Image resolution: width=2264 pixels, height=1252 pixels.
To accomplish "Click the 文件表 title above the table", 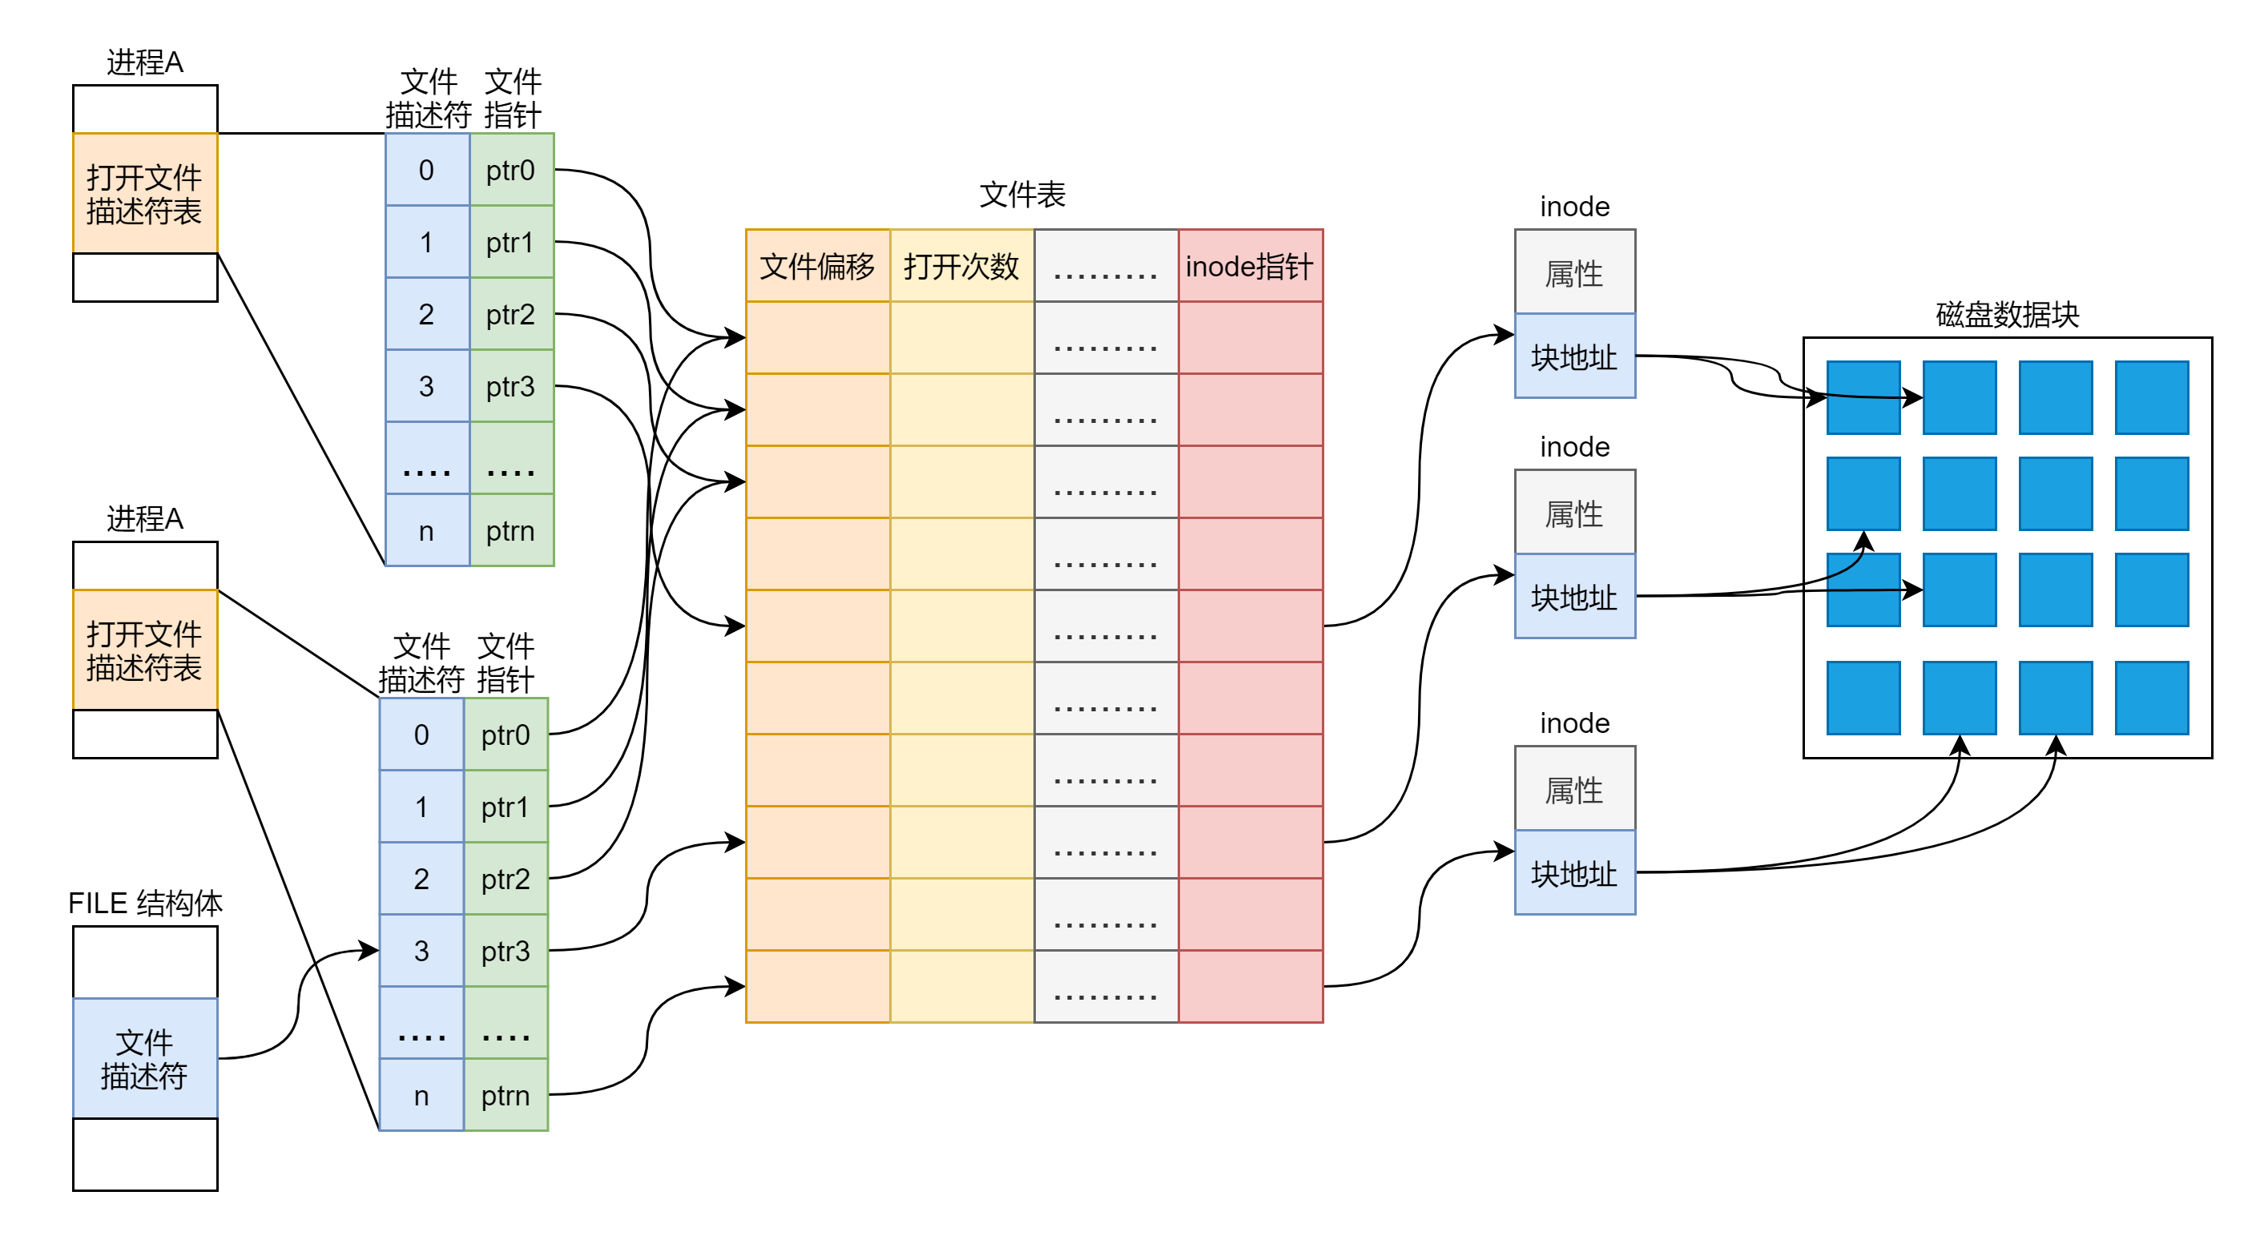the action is pyautogui.click(x=1022, y=194).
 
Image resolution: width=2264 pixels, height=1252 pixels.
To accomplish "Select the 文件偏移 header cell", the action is pyautogui.click(x=817, y=265).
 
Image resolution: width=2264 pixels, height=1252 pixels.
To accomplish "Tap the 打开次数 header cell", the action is pyautogui.click(x=962, y=265).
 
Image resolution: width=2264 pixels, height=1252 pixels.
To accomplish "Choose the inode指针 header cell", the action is pyautogui.click(x=1251, y=265).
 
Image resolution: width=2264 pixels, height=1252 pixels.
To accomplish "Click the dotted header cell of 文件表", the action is pyautogui.click(x=1106, y=265).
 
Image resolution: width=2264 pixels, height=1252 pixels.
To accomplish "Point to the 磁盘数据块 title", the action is pyautogui.click(x=2008, y=314).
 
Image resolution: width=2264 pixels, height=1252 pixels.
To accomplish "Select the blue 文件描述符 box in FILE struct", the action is pyautogui.click(x=145, y=1058).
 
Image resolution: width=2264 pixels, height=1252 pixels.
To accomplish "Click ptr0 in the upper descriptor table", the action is pyautogui.click(x=511, y=170).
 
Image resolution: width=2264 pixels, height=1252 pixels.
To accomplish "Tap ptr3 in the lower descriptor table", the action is pyautogui.click(x=506, y=951).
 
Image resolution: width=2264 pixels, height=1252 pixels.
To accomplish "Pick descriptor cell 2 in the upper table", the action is pyautogui.click(x=427, y=314).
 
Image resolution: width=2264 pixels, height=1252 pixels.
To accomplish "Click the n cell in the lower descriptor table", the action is pyautogui.click(x=422, y=1095).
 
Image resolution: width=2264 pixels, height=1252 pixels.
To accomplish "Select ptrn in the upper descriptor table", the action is pyautogui.click(x=511, y=529).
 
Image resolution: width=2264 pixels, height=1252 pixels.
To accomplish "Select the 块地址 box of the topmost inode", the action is pyautogui.click(x=1575, y=356).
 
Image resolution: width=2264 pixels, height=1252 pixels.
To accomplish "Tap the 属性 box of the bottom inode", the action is pyautogui.click(x=1575, y=788).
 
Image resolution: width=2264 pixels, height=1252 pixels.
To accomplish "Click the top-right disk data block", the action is pyautogui.click(x=2152, y=397).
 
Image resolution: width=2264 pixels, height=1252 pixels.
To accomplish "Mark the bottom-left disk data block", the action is pyautogui.click(x=1863, y=698).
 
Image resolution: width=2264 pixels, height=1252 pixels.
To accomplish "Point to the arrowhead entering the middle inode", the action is pyautogui.click(x=1505, y=575).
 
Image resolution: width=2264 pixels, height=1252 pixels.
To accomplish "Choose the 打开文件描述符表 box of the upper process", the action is pyautogui.click(x=145, y=193).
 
